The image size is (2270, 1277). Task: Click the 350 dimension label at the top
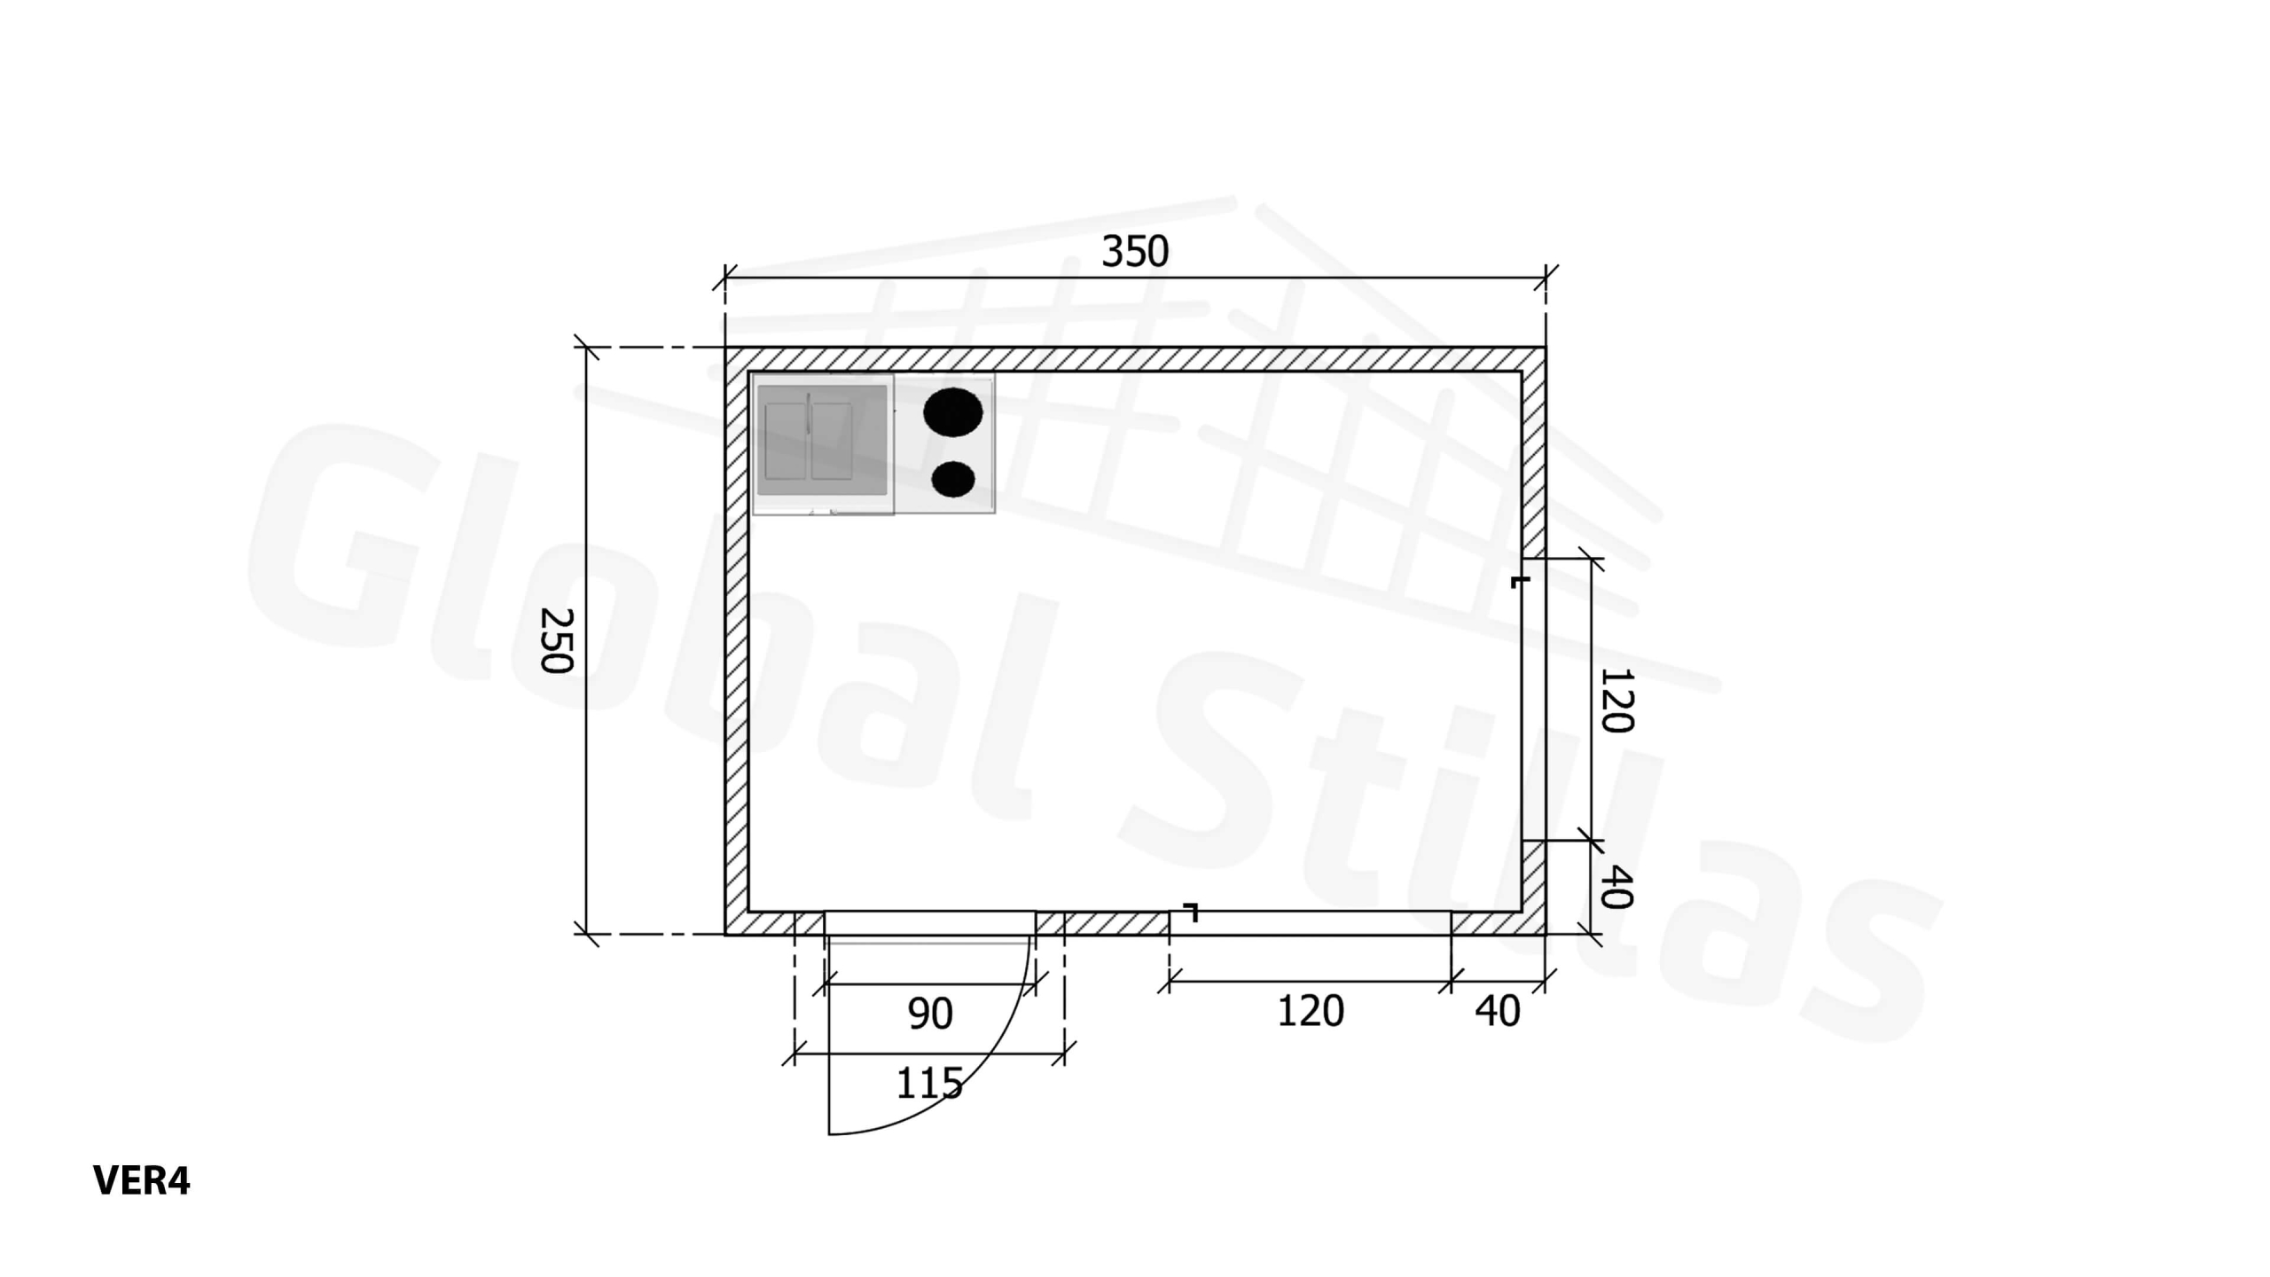click(x=1135, y=252)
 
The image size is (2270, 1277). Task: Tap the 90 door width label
click(x=930, y=1014)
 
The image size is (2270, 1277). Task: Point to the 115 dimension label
click(x=929, y=1084)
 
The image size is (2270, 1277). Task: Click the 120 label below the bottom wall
click(x=1310, y=1012)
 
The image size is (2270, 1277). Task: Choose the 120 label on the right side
click(x=1616, y=701)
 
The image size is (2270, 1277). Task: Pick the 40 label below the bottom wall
click(x=1498, y=1012)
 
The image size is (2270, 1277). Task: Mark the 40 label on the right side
click(x=1616, y=888)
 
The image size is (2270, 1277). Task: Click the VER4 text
click(x=141, y=1181)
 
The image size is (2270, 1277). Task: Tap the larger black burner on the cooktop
click(x=953, y=412)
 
